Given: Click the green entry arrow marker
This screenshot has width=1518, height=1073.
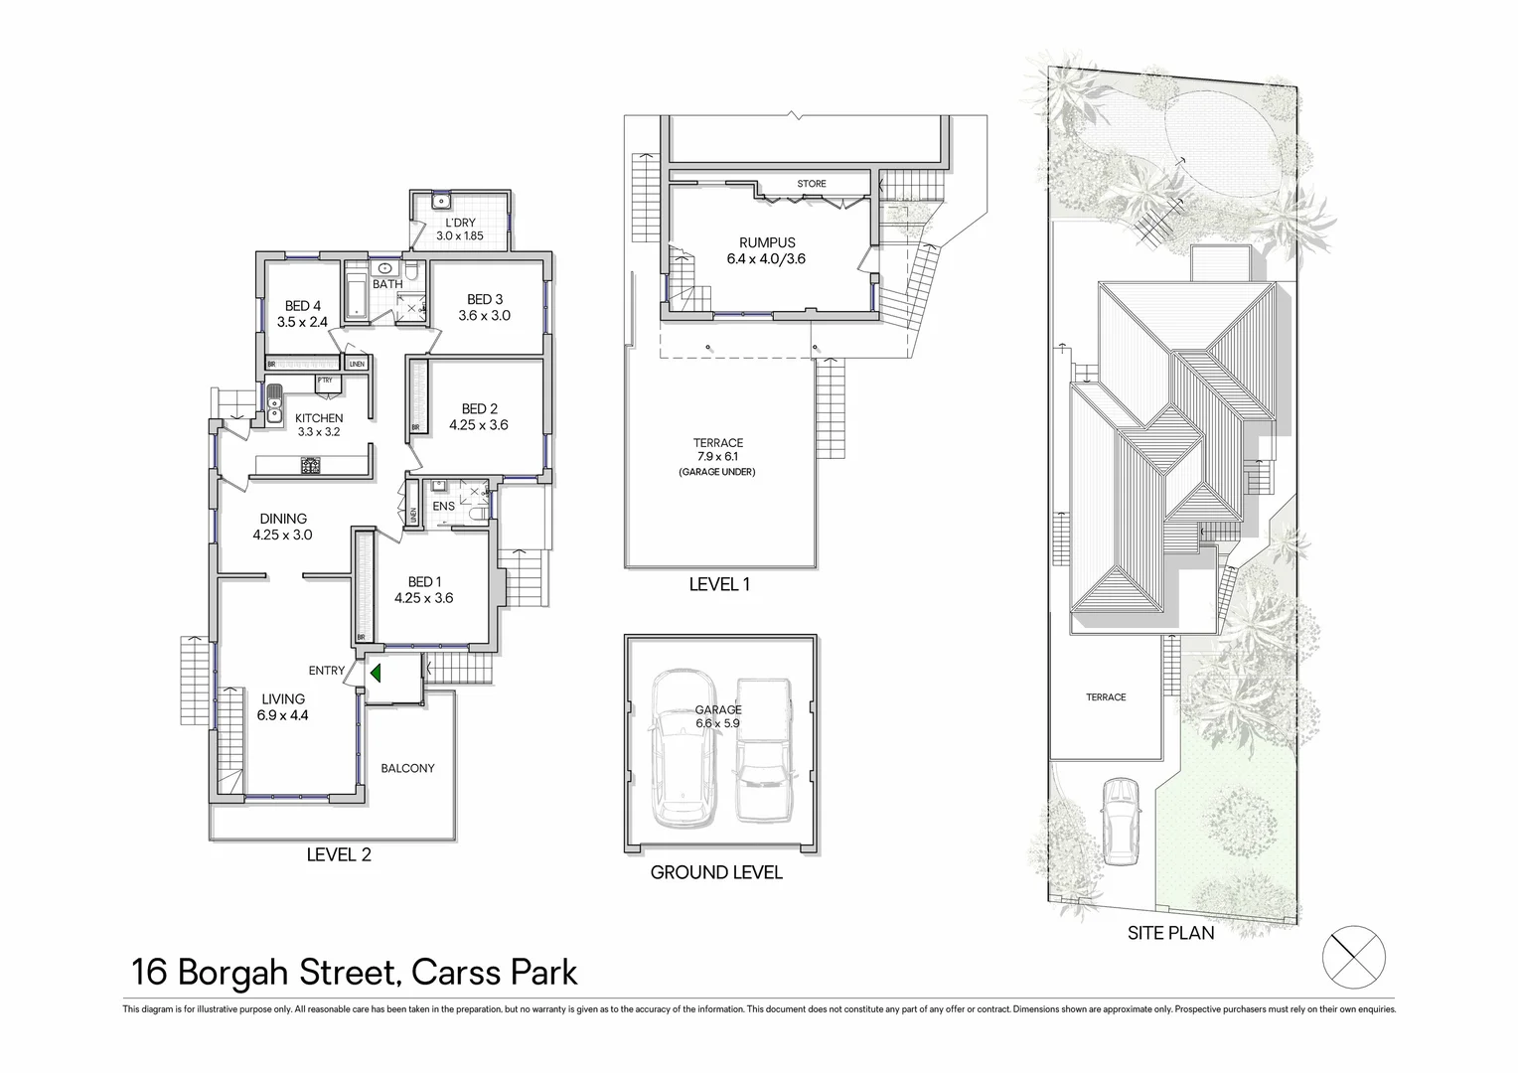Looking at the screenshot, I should [x=376, y=673].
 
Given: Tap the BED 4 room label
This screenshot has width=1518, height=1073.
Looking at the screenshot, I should [x=303, y=306].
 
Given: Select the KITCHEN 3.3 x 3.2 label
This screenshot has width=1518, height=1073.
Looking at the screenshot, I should [x=319, y=425].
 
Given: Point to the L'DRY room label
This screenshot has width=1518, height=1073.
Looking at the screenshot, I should [x=460, y=223].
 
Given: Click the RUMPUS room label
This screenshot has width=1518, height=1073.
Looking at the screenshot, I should [x=767, y=242].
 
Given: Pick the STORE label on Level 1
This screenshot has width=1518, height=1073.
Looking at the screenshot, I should [x=812, y=184].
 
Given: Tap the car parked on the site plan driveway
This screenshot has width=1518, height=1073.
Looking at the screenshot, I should [x=1120, y=807].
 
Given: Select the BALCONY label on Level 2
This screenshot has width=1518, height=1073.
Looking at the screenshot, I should [x=407, y=768].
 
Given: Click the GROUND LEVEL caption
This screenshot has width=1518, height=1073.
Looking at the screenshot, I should [x=716, y=873].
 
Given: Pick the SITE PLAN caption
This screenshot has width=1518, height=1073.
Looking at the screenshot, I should [x=1170, y=933].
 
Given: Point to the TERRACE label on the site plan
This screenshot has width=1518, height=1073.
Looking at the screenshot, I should [x=1106, y=697].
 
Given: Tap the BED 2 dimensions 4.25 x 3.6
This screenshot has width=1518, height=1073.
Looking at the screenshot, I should [x=479, y=425].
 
